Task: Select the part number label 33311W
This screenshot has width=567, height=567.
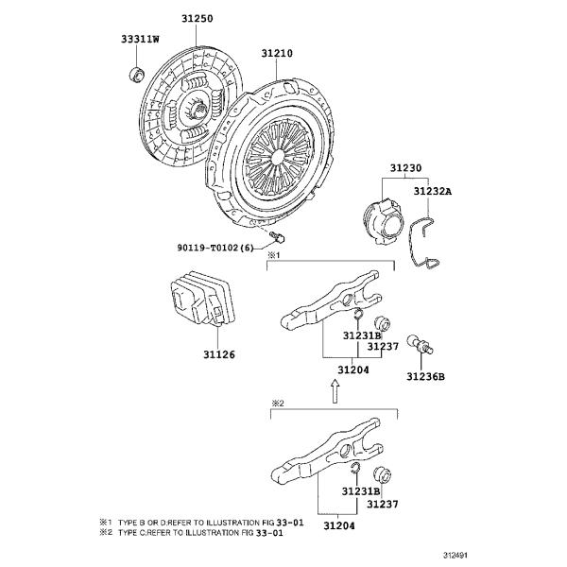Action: pyautogui.click(x=140, y=40)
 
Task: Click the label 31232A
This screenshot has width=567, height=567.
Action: pyautogui.click(x=433, y=192)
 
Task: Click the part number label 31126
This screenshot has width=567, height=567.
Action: pyautogui.click(x=218, y=355)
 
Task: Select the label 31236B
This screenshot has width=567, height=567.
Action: pyautogui.click(x=425, y=376)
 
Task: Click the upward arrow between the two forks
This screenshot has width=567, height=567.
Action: pyautogui.click(x=335, y=391)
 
